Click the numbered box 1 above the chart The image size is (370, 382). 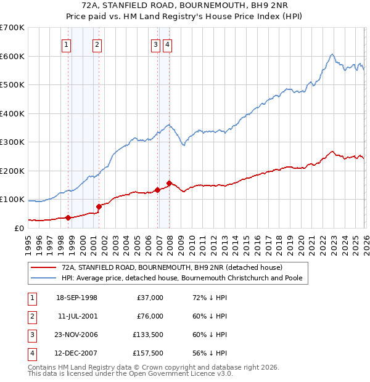pyautogui.click(x=66, y=44)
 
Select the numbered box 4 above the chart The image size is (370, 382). pyautogui.click(x=167, y=44)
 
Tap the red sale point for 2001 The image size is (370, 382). pyautogui.click(x=99, y=206)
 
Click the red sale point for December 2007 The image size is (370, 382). pyautogui.click(x=169, y=183)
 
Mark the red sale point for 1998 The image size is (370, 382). pyautogui.click(x=68, y=217)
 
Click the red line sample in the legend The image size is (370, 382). pyautogui.click(x=44, y=267)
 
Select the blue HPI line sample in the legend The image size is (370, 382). pyautogui.click(x=44, y=278)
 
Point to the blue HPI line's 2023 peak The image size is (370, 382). pyautogui.click(x=332, y=54)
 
